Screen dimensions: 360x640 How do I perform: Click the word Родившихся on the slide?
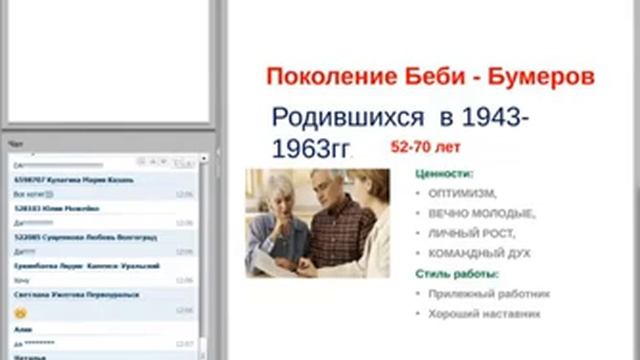point(342,117)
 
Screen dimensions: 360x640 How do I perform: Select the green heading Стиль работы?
point(457,274)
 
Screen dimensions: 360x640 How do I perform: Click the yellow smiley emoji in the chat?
point(19,312)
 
